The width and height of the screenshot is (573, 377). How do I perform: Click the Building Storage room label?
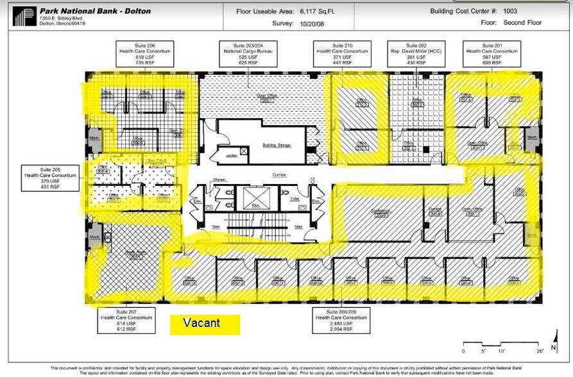(x=277, y=145)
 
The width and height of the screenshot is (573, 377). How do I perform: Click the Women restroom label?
(x=220, y=180)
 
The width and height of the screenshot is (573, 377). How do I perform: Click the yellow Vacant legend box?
(x=204, y=324)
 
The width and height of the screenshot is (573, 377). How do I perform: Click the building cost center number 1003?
(x=510, y=11)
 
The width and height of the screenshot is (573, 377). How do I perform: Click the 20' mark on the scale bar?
(x=541, y=351)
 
